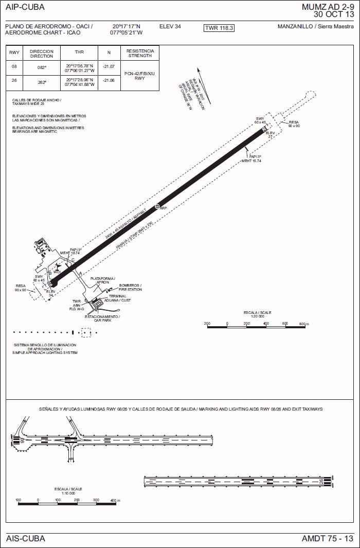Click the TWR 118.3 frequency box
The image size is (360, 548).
(219, 28)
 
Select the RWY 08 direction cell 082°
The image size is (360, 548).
(42, 67)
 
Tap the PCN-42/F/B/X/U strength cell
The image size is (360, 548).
(139, 74)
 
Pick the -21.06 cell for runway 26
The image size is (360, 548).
(109, 81)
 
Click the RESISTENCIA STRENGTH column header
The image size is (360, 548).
(140, 53)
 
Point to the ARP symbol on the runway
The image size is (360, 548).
(157, 206)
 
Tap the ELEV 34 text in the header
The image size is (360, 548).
(170, 26)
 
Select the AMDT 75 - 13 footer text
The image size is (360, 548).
(328, 539)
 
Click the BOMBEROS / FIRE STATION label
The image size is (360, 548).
(131, 287)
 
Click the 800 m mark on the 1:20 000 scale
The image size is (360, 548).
(303, 324)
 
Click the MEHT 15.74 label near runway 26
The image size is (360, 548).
(251, 161)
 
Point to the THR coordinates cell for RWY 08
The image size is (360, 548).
(79, 67)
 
